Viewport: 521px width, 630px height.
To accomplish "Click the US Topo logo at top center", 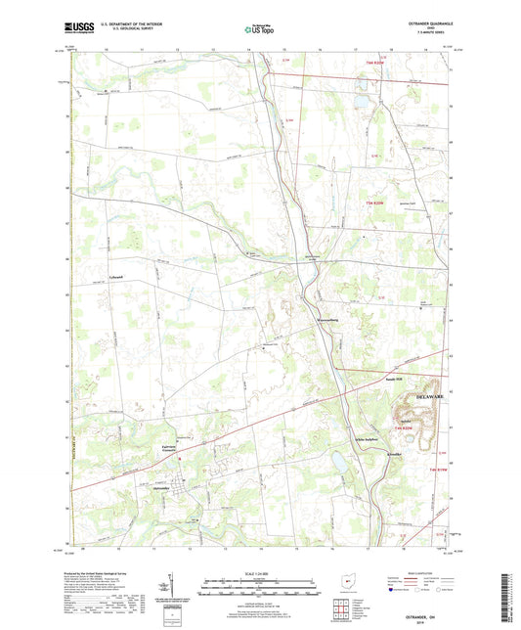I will click(x=259, y=31).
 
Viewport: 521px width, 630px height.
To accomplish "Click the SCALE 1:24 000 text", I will click(x=259, y=573).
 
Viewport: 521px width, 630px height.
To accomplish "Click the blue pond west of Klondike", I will click(x=338, y=458).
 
